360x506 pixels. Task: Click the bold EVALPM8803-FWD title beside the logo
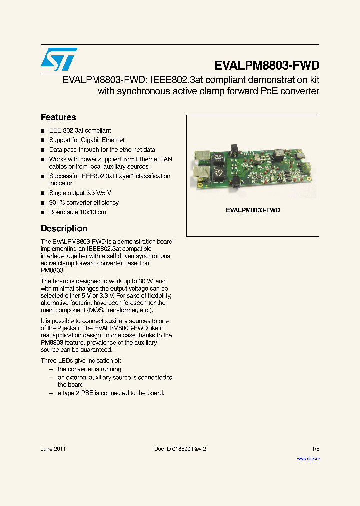[266, 66]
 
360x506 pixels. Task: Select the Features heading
[58, 117]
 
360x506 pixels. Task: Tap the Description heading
[64, 228]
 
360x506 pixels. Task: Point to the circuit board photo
[252, 168]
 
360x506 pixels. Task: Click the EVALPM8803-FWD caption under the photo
[253, 210]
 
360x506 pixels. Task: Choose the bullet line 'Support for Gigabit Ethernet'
[87, 140]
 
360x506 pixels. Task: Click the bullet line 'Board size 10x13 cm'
[77, 212]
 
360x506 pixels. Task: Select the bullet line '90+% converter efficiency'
[84, 203]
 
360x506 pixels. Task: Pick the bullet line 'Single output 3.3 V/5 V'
[80, 193]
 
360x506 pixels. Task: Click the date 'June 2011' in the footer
[53, 449]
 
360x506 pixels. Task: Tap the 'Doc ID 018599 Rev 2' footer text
[180, 449]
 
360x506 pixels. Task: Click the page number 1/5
[315, 449]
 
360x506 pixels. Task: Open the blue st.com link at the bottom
[308, 458]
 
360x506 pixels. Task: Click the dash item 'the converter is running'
[89, 369]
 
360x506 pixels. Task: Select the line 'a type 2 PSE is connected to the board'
[111, 393]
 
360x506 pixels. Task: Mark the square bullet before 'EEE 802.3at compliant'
[43, 131]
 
